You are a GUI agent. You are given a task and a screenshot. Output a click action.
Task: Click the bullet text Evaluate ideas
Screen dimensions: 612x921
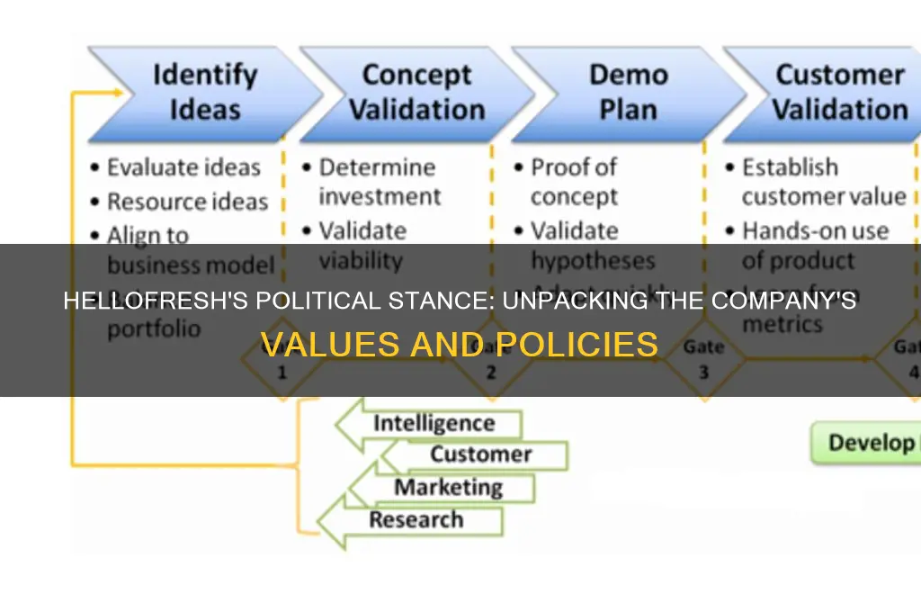pos(183,167)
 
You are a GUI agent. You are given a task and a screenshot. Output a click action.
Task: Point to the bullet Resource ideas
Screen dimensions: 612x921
pos(187,202)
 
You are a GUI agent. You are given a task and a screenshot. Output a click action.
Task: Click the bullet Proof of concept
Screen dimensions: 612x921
pos(574,182)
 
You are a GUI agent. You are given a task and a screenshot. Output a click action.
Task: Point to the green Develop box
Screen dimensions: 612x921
pos(868,443)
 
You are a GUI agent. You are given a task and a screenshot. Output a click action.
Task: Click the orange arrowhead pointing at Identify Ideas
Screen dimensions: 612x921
pos(117,92)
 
